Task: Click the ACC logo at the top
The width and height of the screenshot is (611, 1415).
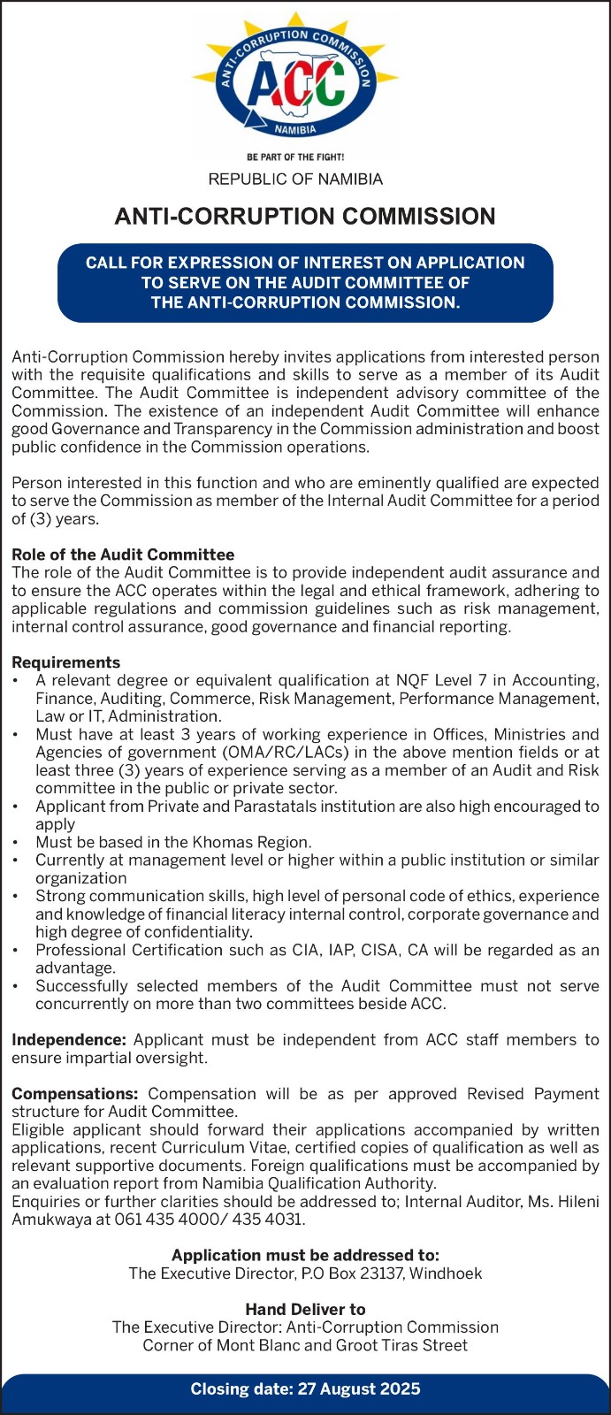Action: coord(295,84)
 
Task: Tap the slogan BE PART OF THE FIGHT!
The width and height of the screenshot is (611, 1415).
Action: coord(295,157)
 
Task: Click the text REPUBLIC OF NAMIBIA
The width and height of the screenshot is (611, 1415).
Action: coord(295,180)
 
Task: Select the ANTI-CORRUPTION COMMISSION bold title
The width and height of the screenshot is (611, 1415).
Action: coord(305,217)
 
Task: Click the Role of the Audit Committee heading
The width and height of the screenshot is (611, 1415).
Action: coord(123,555)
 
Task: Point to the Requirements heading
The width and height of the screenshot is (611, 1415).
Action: coord(65,662)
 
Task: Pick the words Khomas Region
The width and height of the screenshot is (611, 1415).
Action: coord(256,842)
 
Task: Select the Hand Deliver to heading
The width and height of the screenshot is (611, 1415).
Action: coord(305,1309)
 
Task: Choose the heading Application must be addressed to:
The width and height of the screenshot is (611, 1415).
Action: coord(305,1255)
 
